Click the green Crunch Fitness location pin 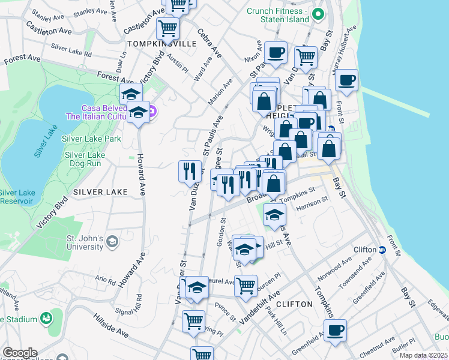[x=318, y=13]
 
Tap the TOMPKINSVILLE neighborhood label [x=154, y=44]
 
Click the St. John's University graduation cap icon [x=112, y=242]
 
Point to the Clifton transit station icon [x=382, y=250]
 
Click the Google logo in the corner [x=20, y=353]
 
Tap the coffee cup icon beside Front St [x=346, y=80]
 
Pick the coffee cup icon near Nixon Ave [x=276, y=53]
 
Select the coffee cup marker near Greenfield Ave [x=335, y=329]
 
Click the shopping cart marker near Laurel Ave [x=245, y=286]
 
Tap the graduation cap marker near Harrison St [x=274, y=215]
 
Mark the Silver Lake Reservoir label [x=16, y=197]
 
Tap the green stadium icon [x=46, y=317]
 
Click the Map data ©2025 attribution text [x=423, y=355]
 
